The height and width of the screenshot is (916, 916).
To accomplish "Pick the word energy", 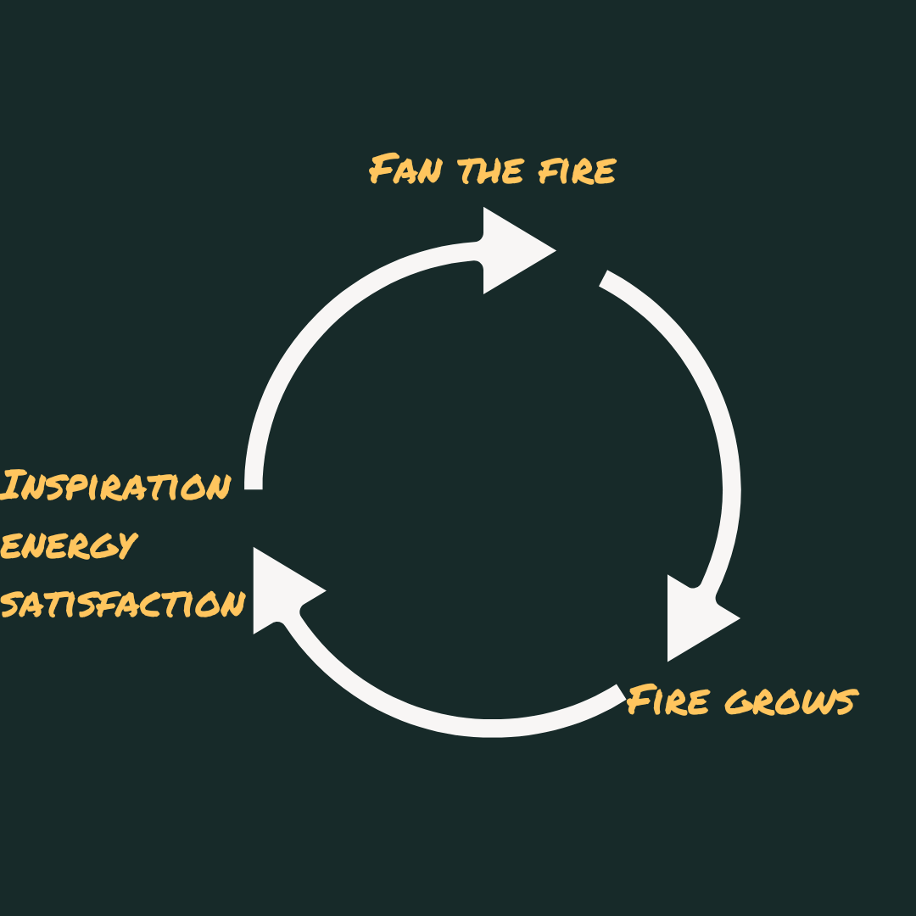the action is [68, 545].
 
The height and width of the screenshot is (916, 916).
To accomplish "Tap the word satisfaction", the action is [123, 604].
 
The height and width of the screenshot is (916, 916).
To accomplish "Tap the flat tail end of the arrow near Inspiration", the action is [254, 483].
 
